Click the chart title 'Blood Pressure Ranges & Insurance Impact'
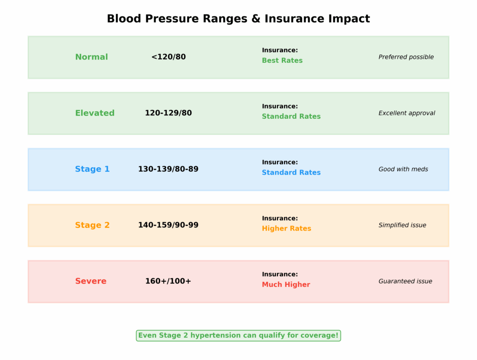(238, 19)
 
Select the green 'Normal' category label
(91, 57)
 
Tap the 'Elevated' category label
(95, 113)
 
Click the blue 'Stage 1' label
(92, 169)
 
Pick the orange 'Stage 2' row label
(92, 225)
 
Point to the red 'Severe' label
(91, 281)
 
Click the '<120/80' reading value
(168, 57)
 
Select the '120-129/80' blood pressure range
(168, 113)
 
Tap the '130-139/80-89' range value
(168, 169)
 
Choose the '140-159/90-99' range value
(168, 225)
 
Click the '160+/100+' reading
(168, 281)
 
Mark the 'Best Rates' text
(282, 61)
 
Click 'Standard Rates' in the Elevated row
(291, 116)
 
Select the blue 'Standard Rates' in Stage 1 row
(291, 172)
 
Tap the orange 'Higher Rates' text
(286, 229)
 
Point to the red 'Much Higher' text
(286, 285)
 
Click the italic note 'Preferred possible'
(406, 57)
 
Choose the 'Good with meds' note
(403, 169)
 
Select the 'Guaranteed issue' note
(405, 281)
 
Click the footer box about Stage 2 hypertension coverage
(238, 335)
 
